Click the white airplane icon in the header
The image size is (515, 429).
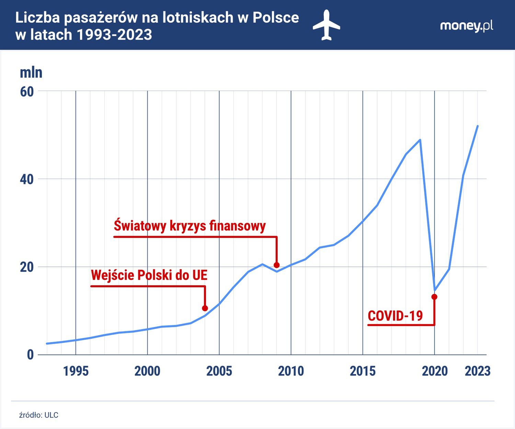(x=326, y=25)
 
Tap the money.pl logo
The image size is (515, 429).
(x=466, y=26)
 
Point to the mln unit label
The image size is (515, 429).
(x=31, y=72)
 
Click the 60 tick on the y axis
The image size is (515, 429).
(x=27, y=92)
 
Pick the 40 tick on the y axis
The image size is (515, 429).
(x=27, y=179)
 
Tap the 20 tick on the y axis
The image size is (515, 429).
(x=27, y=267)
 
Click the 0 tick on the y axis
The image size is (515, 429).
(x=30, y=355)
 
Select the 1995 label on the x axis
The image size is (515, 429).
(x=76, y=371)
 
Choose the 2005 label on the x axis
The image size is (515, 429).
(x=219, y=371)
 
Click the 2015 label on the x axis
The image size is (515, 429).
(x=363, y=371)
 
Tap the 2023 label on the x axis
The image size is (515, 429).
(x=477, y=371)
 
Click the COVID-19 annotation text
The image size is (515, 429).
(x=395, y=316)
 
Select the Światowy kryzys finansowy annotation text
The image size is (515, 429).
(x=190, y=226)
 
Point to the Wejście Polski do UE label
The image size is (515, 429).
(x=149, y=275)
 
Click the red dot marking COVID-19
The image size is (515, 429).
(x=434, y=297)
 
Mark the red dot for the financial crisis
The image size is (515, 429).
(x=277, y=265)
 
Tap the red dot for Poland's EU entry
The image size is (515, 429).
(x=205, y=308)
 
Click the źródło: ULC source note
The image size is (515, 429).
(x=38, y=415)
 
